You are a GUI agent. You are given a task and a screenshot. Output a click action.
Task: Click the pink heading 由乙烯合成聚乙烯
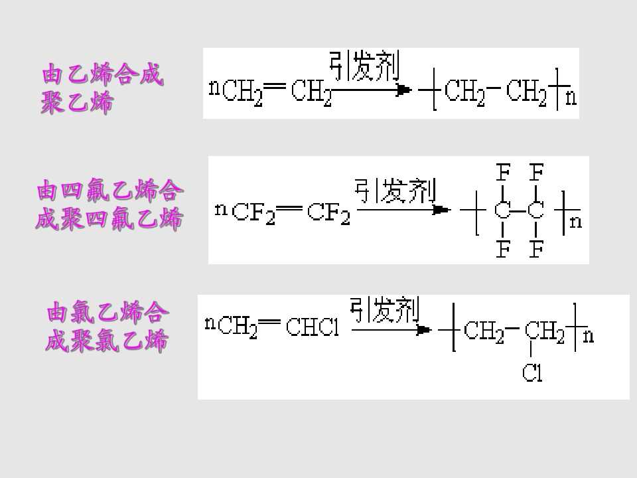102,88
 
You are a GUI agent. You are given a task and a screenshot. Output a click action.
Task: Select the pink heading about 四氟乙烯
109,204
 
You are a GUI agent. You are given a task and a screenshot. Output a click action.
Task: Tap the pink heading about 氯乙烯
107,327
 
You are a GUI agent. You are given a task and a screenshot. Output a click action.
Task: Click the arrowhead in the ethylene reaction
404,90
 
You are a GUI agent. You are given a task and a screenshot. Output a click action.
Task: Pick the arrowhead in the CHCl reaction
424,330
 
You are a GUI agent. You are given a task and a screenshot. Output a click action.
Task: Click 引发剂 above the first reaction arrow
364,66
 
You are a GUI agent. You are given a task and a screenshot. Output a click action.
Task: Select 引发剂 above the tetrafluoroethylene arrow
395,191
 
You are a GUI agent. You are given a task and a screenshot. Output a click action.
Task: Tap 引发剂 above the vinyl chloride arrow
384,310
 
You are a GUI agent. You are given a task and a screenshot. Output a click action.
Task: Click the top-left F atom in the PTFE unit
503,173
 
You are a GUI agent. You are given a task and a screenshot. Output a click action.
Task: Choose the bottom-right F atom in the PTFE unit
537,249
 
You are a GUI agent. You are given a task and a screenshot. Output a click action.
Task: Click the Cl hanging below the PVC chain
532,372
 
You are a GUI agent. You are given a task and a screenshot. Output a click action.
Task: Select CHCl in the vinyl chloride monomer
313,327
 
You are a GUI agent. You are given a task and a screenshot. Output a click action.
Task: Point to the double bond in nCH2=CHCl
269,323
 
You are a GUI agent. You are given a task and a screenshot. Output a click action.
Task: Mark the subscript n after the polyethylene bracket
571,98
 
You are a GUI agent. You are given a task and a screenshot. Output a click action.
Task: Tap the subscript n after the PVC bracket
589,337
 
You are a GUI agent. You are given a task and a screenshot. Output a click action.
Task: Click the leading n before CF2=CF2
221,210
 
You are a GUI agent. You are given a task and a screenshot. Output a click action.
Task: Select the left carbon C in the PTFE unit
502,210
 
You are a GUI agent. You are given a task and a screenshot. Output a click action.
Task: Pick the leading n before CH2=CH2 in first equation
214,88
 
